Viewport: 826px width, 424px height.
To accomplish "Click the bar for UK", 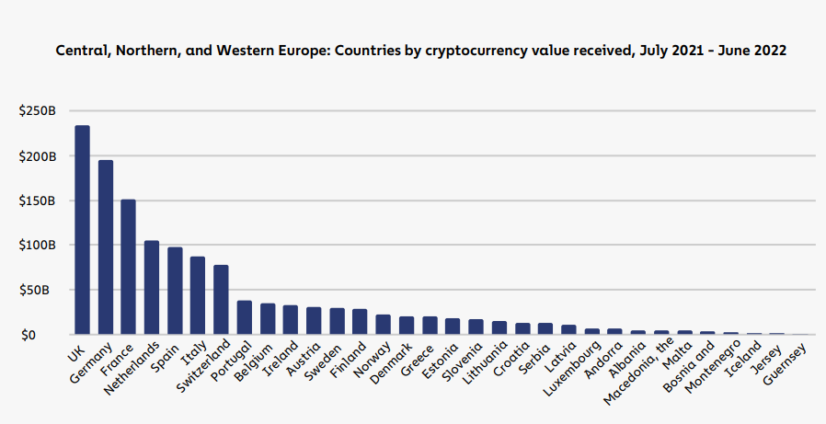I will [x=82, y=230].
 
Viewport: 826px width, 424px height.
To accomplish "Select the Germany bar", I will [x=106, y=247].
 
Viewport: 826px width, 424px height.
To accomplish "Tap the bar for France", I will [x=129, y=267].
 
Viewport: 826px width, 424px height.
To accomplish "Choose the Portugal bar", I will [x=245, y=317].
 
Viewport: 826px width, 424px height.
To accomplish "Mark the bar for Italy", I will [x=198, y=295].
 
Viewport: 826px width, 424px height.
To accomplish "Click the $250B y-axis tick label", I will [x=37, y=111].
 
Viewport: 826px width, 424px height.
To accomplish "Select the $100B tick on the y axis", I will [x=37, y=246].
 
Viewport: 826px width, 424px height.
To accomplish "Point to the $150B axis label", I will [x=37, y=201].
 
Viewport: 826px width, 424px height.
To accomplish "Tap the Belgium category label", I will [x=257, y=361].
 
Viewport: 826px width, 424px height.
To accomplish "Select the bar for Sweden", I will [x=337, y=321].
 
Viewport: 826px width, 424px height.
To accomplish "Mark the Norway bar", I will [x=383, y=325].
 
